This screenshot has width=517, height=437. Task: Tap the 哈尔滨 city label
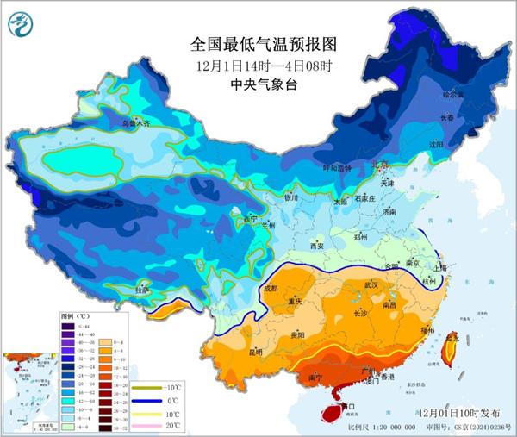coord(453,93)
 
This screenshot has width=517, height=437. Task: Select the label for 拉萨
coord(141,290)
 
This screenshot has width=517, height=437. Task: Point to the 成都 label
coord(271,289)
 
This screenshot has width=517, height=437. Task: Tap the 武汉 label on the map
coord(371,284)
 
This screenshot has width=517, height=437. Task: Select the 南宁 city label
coord(315,377)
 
